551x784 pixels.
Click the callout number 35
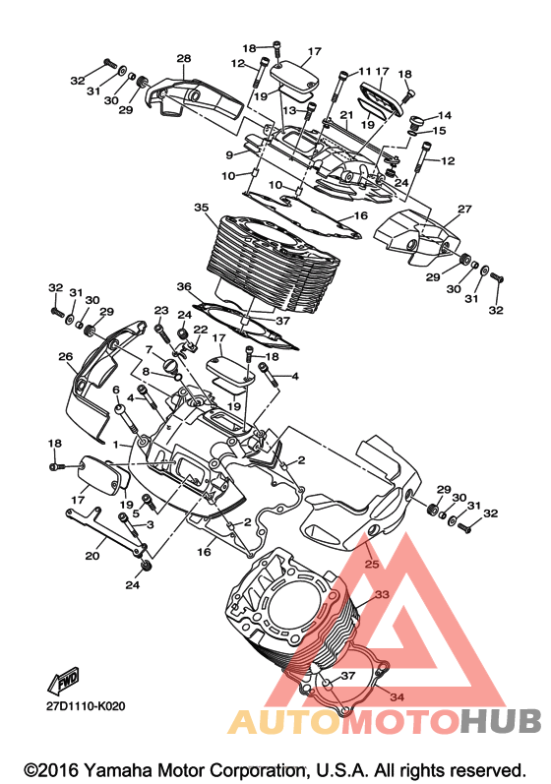[202, 207]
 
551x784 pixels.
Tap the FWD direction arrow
[63, 681]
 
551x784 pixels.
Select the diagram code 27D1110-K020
[86, 706]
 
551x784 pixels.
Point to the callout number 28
[183, 58]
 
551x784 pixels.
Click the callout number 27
[464, 209]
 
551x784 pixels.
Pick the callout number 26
[66, 356]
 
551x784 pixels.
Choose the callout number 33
[382, 595]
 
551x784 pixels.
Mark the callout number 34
[397, 697]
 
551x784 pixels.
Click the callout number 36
[184, 286]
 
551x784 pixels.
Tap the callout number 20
[92, 556]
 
